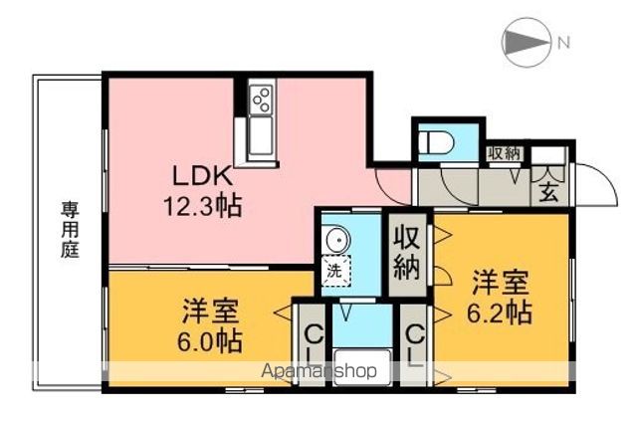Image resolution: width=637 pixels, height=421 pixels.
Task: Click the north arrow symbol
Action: pos(527,43)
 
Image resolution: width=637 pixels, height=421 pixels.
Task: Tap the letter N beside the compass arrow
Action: pos(563,43)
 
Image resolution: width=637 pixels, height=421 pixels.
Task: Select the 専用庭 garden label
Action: pos(70,231)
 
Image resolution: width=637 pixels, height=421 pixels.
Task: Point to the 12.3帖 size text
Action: pos(205,209)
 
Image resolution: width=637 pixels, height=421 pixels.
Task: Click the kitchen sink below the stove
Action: pos(261,136)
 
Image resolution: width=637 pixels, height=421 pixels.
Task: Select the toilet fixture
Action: pos(436,141)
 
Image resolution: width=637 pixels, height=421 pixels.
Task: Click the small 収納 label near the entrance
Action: pos(504,153)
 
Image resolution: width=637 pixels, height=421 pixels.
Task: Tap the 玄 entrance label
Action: pos(548,192)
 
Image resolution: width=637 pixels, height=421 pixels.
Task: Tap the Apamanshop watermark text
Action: pos(319,372)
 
